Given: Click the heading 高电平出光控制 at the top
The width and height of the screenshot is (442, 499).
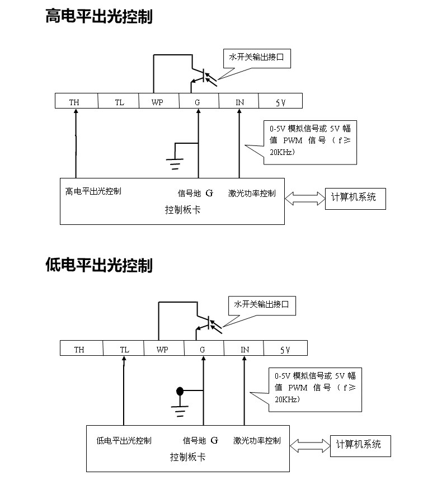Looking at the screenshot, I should click(98, 17).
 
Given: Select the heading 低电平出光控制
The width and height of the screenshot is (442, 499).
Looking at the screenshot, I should click(98, 265).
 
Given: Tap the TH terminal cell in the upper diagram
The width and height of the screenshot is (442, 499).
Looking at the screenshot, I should click(74, 102).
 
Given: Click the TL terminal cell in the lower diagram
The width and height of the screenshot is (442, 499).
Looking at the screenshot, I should click(124, 350).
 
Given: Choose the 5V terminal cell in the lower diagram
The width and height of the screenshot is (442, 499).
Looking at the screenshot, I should click(285, 350).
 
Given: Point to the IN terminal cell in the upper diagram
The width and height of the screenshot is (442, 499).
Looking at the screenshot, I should click(239, 102).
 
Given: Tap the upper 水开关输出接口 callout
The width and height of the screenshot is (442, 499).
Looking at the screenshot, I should click(257, 57).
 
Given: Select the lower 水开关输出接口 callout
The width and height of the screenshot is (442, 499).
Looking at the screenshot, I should click(262, 304).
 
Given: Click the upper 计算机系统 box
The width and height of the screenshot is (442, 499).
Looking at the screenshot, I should click(355, 197).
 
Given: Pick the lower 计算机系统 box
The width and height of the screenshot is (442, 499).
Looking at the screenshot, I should click(359, 445).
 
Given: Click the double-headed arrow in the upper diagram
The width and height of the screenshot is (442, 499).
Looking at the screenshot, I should click(305, 197).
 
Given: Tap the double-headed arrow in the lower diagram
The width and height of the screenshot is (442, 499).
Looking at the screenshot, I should click(309, 445).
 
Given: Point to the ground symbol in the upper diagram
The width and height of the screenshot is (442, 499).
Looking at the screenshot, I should click(175, 164).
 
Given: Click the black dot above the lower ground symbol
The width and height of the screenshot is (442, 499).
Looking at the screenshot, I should click(180, 390).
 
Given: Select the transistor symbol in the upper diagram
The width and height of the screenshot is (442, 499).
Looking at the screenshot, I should click(201, 77).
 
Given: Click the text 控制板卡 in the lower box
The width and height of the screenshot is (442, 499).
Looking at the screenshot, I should click(187, 457).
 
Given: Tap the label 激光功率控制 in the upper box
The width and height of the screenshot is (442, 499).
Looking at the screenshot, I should click(252, 194).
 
